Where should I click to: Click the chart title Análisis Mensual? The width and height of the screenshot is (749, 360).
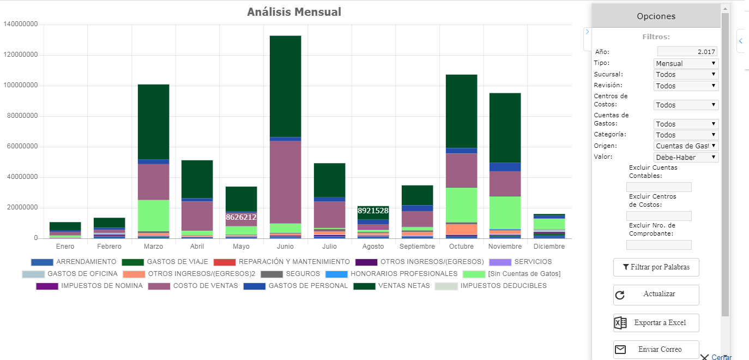coord(294,12)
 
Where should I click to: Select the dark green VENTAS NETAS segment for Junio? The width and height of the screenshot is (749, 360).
coord(286,86)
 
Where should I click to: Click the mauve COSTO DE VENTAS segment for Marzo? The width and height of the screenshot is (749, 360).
coord(153,182)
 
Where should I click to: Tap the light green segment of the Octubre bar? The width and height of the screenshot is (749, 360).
coord(461,205)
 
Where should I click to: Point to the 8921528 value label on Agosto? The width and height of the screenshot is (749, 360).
coord(373,211)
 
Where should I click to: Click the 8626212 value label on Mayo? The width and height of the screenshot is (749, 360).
coord(241,217)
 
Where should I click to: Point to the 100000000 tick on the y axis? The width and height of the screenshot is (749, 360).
coord(21,86)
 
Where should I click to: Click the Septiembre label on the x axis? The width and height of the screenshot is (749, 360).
coord(417,247)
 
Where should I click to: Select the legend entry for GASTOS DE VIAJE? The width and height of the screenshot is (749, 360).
coord(165,262)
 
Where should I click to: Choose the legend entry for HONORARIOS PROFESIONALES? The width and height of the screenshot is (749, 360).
coord(391,274)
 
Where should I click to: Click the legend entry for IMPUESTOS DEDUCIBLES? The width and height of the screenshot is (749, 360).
coord(491,286)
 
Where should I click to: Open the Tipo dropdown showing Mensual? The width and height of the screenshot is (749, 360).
coord(686,63)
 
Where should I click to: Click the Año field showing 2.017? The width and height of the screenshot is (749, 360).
coord(687,51)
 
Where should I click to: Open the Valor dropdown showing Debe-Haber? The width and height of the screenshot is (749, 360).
coord(686,157)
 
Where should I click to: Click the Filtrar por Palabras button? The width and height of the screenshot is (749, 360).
coord(656,267)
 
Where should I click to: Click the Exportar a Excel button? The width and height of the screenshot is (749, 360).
coord(656,323)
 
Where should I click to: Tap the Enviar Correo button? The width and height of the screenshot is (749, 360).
coord(656,350)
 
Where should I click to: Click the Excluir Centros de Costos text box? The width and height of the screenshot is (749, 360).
coord(659,216)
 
